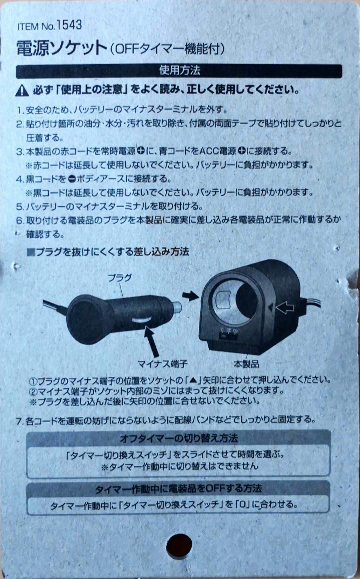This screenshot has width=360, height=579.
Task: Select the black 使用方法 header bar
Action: [x=179, y=71]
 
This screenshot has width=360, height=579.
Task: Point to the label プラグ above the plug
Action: [x=120, y=278]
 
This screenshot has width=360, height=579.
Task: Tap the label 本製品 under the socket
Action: [x=246, y=363]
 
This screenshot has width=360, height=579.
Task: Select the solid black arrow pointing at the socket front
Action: [x=191, y=295]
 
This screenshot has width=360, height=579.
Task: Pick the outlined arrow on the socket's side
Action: [x=285, y=307]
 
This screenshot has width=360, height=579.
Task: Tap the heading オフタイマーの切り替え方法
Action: [x=179, y=438]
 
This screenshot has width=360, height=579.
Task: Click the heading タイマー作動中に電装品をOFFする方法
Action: [x=179, y=488]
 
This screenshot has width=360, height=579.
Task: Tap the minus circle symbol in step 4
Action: [x=72, y=179]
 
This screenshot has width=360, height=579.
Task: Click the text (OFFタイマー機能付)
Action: [x=167, y=49]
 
